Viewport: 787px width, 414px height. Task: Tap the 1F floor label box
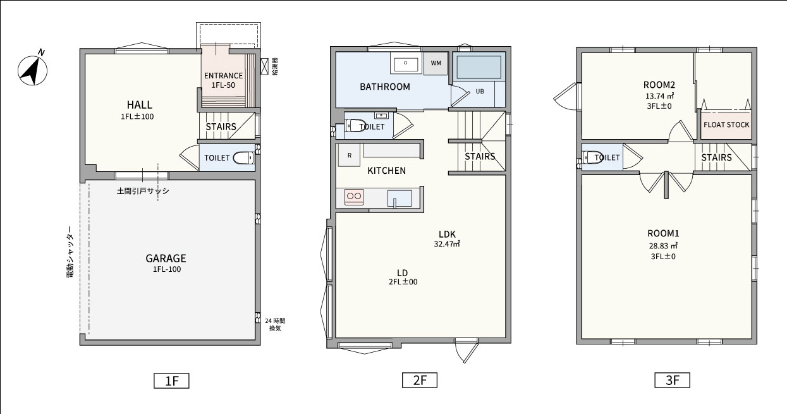171,381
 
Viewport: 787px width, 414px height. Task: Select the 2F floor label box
420,381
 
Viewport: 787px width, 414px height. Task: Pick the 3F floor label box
672,381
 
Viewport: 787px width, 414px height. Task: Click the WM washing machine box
436,63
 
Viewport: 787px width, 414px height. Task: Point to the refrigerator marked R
349,155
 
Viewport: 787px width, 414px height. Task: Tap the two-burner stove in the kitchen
354,197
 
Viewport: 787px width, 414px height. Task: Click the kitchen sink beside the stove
400,198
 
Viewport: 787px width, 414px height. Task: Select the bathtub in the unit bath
479,67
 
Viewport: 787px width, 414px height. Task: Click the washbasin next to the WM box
406,64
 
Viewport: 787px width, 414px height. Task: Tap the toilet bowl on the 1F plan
243,158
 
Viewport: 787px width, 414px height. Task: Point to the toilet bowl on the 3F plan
592,157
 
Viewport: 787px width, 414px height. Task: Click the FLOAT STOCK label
726,125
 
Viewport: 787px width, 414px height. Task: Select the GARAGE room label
166,259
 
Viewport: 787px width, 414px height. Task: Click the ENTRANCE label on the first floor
223,76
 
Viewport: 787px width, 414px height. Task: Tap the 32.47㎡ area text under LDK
447,244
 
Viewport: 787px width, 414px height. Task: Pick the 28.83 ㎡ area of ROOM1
663,246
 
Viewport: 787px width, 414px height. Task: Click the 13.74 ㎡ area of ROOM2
659,96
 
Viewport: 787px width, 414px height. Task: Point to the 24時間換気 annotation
275,324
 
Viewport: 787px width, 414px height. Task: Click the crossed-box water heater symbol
264,66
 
